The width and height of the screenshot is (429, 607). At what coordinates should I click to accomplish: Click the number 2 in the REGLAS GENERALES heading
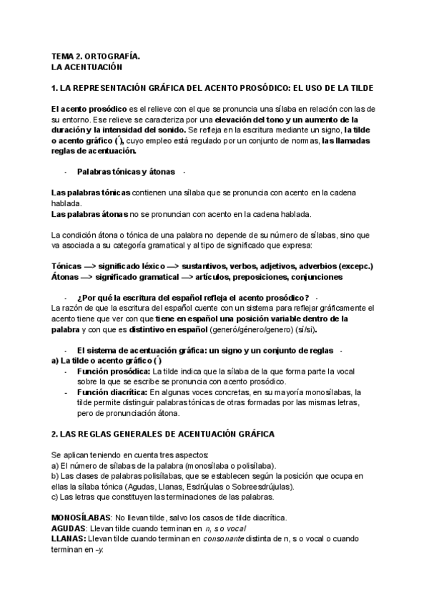[x=55, y=434]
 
